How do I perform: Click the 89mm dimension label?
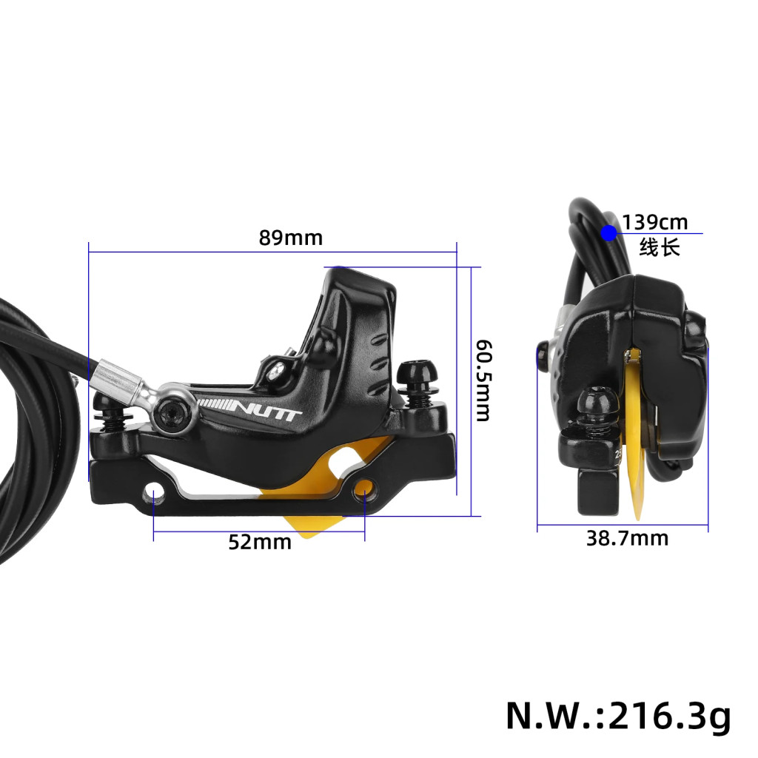[x=290, y=238]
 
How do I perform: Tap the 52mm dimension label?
[x=260, y=542]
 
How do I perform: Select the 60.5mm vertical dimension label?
[x=483, y=380]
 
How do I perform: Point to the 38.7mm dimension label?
[x=628, y=538]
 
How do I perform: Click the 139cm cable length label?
[x=655, y=222]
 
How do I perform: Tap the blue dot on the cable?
[x=609, y=233]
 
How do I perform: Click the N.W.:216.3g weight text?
[x=618, y=716]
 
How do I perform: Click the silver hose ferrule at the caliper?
[x=116, y=375]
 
